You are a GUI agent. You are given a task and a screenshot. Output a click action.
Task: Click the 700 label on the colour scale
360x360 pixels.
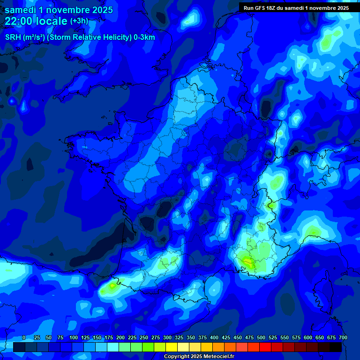click(x=343, y=337)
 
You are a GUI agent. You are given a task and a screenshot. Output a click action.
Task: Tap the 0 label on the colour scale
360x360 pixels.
click(x=24, y=337)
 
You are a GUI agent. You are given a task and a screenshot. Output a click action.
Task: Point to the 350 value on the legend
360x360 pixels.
click(x=191, y=337)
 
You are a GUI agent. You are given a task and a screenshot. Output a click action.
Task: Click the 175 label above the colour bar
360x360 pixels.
click(x=109, y=337)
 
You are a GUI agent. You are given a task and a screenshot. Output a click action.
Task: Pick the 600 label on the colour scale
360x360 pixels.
click(x=308, y=337)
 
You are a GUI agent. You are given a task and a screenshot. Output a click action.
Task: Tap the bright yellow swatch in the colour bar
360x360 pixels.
click(x=171, y=347)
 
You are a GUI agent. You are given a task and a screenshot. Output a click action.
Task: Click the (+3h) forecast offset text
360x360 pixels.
click(x=79, y=21)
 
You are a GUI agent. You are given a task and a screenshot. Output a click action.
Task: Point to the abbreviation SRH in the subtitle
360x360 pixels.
click(x=13, y=37)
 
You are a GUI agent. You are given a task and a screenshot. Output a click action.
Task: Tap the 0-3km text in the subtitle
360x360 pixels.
click(x=144, y=37)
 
